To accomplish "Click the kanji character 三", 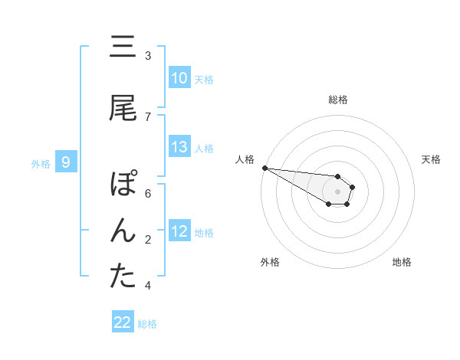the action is pos(123,47).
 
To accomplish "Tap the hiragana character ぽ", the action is pos(123,185).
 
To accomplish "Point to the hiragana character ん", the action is pos(123,231).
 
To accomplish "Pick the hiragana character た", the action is pos(123,277).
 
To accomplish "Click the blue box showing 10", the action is pos(179,78).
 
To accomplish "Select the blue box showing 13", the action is pos(179,147).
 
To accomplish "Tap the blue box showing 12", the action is pos(179,231).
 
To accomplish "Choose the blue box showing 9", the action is pos(67,162).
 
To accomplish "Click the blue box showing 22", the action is pos(123,322).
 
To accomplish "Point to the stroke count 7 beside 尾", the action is pos(148,116).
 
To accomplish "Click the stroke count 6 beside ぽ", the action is pos(148,193).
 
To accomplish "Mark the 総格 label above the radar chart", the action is pos(338,100).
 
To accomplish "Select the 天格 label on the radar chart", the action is pos(432,159).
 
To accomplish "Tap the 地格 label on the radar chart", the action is pos(402,262).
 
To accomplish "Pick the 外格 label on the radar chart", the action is pos(270,262).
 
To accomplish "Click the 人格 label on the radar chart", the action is pos(245,159).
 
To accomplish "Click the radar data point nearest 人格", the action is pos(264,168).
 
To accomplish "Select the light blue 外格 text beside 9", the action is pos(41,162).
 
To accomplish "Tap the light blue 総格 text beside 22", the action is pos(147,323).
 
